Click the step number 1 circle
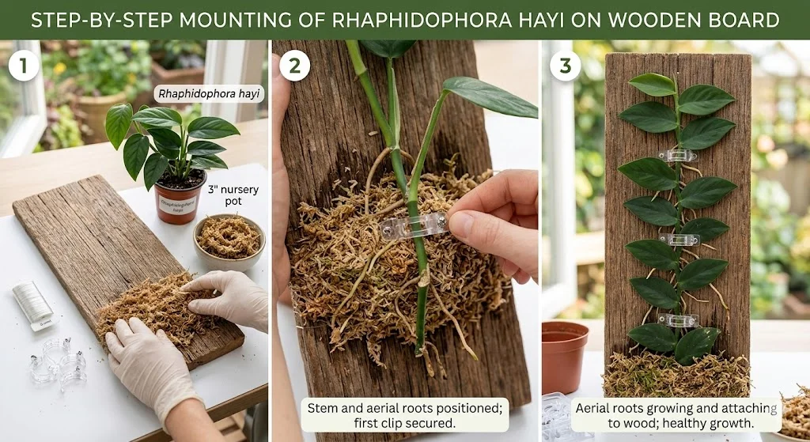[24, 66]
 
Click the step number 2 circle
[295, 66]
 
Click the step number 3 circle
[565, 66]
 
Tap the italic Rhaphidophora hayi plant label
[210, 94]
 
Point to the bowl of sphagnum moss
[229, 240]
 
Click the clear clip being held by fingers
[413, 225]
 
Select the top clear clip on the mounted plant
[677, 156]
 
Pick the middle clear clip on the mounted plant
[679, 239]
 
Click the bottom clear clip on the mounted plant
[679, 320]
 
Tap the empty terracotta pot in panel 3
[565, 356]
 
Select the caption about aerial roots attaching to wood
[677, 414]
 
